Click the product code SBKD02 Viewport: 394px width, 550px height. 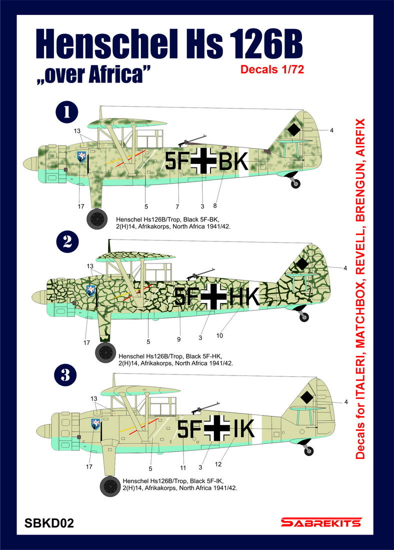point(49,523)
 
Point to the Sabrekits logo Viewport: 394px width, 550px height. point(320,523)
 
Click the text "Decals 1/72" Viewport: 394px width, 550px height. point(272,69)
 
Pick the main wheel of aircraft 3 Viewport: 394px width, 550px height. point(110,485)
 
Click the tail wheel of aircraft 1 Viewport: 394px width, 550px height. point(295,184)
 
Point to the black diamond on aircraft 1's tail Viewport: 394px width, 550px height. point(294,130)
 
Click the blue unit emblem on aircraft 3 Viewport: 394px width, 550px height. point(94,424)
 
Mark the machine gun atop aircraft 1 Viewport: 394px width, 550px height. point(194,138)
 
